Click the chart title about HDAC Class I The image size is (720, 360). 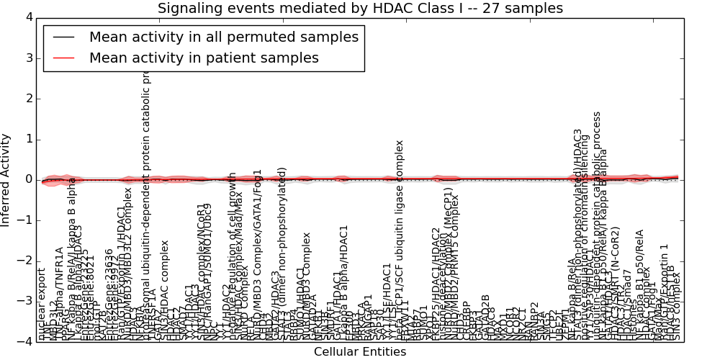pos(360,9)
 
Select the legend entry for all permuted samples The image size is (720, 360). pos(223,37)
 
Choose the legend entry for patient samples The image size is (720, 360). pos(204,58)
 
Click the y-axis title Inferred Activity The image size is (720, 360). pos(6,179)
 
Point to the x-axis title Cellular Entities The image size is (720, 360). pos(360,352)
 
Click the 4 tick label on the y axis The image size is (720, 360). pos(28,17)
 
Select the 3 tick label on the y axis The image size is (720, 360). pos(28,58)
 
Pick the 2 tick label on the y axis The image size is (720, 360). pos(28,99)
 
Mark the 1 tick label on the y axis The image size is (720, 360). pos(28,139)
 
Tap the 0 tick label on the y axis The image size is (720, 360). pos(28,179)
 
